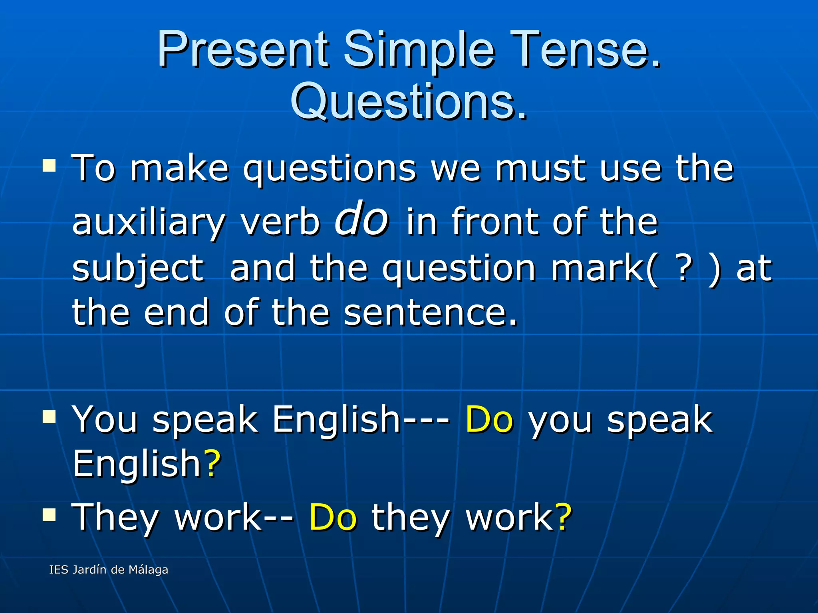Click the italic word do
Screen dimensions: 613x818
coord(361,219)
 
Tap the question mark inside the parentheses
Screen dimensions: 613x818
coord(685,268)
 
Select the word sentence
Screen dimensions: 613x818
coord(430,312)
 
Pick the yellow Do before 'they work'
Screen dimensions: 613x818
coord(332,517)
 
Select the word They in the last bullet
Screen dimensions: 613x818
coord(115,517)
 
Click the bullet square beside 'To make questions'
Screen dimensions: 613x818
coord(49,165)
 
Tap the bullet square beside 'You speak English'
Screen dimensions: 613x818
coord(49,416)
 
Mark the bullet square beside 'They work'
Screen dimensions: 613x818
coord(49,514)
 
